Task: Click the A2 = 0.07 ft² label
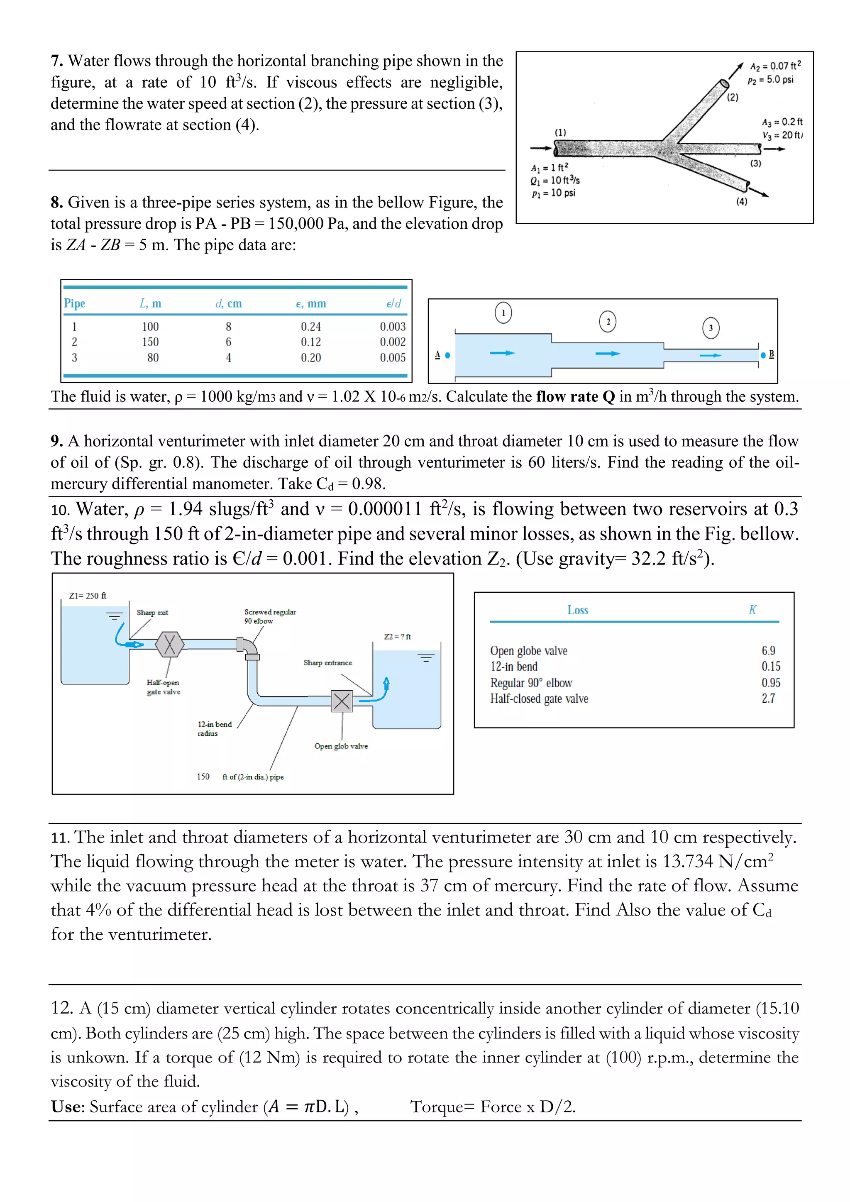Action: point(774,66)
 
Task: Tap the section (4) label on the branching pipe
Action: point(742,202)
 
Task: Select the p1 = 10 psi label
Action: point(553,193)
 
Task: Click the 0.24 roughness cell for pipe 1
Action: point(310,327)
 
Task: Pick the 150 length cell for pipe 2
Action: point(150,342)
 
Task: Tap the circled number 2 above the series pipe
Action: point(607,321)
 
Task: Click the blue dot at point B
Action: point(763,355)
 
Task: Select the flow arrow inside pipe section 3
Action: point(710,355)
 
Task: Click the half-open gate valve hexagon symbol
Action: point(170,645)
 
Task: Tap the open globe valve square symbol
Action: point(342,701)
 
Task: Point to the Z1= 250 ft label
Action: point(88,596)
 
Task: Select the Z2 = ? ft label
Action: point(397,637)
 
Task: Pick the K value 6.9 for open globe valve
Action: point(768,651)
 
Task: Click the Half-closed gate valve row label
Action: point(539,699)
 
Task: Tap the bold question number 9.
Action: point(56,441)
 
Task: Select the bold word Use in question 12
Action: point(66,1107)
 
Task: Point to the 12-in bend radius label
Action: point(214,729)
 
